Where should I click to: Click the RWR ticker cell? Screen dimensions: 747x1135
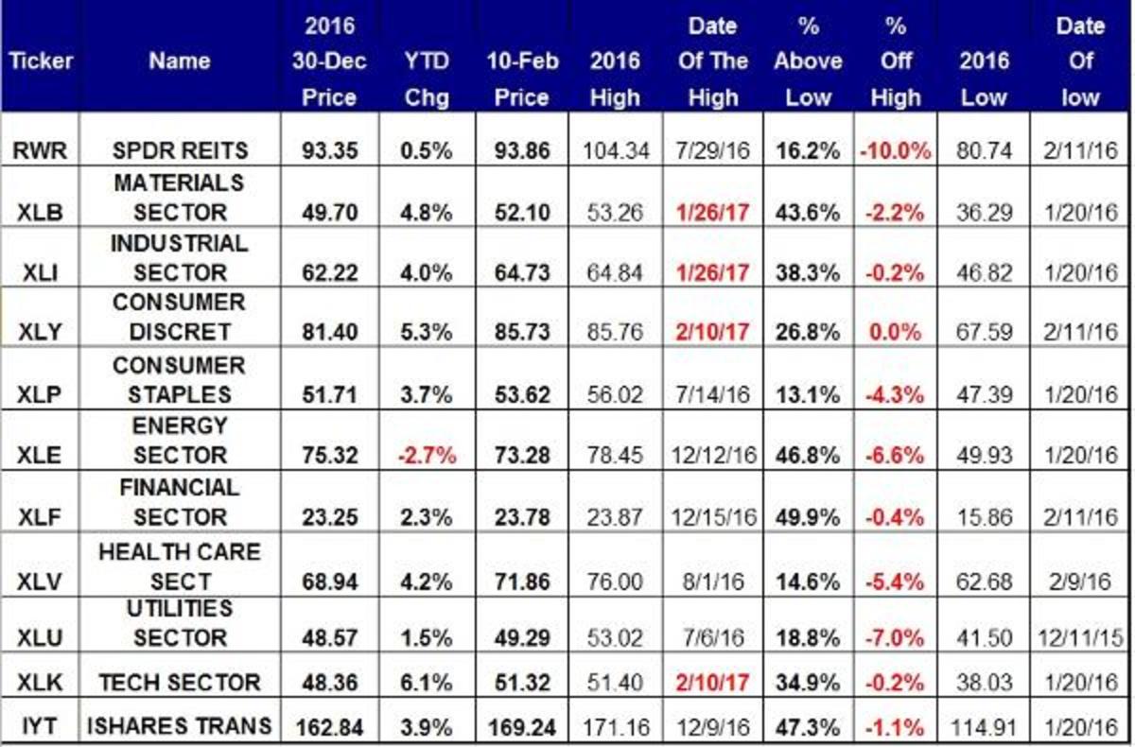point(40,150)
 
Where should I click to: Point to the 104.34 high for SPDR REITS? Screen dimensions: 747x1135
point(615,150)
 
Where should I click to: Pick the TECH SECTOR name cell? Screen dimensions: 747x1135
point(179,683)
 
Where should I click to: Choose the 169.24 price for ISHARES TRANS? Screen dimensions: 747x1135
point(521,727)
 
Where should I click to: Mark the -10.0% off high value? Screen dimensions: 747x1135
point(895,150)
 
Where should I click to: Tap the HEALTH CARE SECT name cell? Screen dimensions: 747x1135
point(179,565)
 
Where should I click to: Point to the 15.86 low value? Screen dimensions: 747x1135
point(984,517)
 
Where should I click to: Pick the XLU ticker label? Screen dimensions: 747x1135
point(40,638)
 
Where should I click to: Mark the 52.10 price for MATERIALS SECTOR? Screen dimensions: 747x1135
point(521,213)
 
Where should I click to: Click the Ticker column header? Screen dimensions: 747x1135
point(40,61)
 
